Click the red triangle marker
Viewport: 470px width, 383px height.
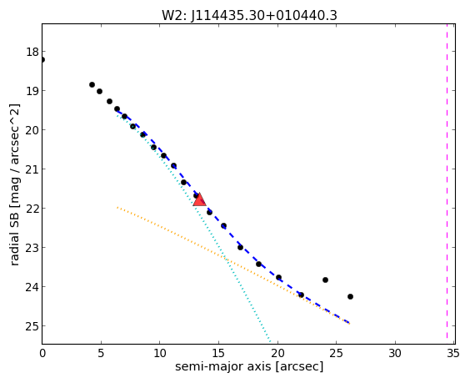pos(199,199)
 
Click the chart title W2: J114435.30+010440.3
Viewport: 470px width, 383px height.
pos(249,15)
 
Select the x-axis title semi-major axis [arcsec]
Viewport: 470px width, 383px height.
pos(249,366)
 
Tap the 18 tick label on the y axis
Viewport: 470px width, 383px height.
pos(32,52)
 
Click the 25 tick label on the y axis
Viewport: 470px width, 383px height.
pos(32,326)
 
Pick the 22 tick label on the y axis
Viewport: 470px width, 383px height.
pos(32,209)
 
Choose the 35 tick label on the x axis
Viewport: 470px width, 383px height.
pos(452,353)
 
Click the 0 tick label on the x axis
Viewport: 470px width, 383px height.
pos(42,353)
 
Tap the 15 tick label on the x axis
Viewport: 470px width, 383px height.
pos(218,353)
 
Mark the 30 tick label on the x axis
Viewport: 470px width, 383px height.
pos(395,353)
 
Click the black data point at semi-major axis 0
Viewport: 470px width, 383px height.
pos(42,60)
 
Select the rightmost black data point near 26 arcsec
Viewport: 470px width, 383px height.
pos(350,296)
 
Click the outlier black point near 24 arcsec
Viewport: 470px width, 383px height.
pos(325,280)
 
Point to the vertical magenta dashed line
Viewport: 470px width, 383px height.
pos(447,184)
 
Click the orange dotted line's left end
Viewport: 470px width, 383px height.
pos(117,207)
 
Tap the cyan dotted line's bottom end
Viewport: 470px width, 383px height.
pos(270,342)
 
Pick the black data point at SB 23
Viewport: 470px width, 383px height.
pos(240,247)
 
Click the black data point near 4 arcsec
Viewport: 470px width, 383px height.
pos(92,84)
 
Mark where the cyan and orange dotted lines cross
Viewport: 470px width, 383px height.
pos(226,259)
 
